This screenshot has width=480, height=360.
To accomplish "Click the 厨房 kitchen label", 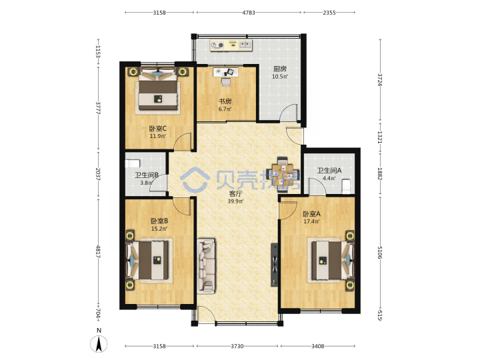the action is [x=280, y=69].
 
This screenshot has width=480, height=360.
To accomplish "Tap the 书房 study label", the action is [x=225, y=101].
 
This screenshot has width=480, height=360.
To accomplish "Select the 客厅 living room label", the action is [x=235, y=194].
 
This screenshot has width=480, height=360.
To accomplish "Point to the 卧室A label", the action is [x=311, y=214].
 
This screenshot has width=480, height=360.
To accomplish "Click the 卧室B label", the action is [x=159, y=221].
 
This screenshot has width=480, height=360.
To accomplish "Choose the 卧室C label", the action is [x=157, y=129].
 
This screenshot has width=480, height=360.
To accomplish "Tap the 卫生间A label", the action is [x=329, y=171].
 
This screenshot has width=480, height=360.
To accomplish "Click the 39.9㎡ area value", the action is [x=235, y=201].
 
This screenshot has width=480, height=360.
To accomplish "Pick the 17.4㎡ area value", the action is [x=311, y=221].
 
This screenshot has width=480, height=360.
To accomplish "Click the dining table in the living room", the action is [x=283, y=174].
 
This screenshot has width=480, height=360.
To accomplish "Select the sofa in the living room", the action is [x=206, y=266].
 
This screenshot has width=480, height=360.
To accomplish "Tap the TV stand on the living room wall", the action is [x=275, y=265].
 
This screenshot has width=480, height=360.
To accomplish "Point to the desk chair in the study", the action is [x=225, y=82].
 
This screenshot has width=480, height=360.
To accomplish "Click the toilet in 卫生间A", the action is [x=346, y=187].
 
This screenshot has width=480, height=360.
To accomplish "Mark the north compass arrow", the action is [x=99, y=344].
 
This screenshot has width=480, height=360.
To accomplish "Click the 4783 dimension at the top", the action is [x=248, y=13].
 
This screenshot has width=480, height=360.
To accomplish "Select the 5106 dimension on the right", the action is [x=379, y=253].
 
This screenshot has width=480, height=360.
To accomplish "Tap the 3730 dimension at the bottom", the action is [x=237, y=346].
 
